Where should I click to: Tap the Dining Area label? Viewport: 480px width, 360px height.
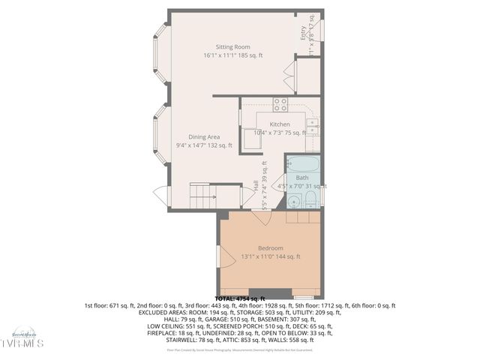203,136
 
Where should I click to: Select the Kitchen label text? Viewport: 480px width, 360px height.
280,124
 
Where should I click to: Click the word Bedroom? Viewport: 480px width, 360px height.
270,248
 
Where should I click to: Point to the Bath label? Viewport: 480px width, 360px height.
301,178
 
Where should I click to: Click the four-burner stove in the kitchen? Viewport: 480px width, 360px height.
280,104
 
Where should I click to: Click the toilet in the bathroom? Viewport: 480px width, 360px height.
294,199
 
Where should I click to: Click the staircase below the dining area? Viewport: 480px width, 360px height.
203,196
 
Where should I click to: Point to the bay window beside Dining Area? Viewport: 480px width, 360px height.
159,135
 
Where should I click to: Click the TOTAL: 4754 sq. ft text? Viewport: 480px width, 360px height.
240,298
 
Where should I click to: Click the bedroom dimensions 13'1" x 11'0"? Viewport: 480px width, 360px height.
259,256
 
